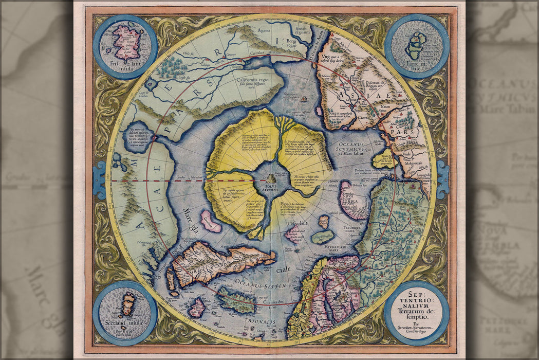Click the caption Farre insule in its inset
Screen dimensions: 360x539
417,65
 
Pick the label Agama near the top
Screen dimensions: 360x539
263,30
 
